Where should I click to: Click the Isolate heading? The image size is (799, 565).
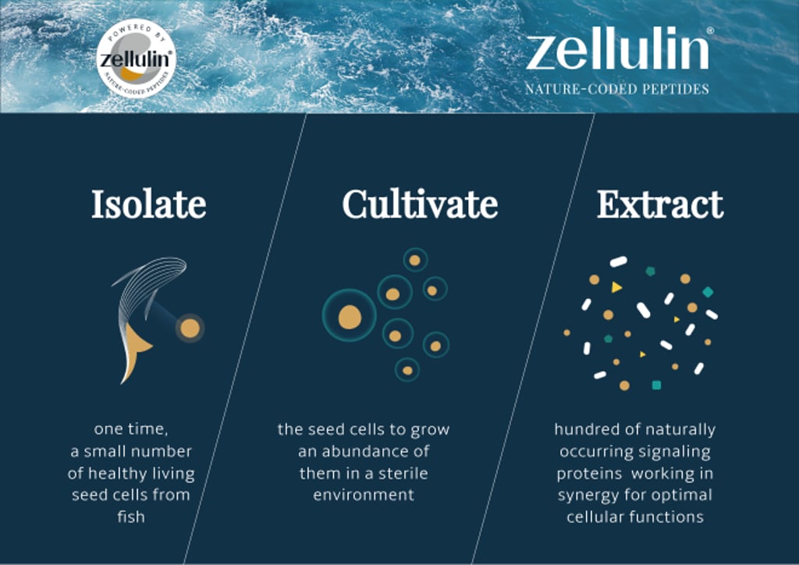(x=148, y=204)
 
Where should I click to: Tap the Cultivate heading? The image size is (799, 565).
(x=420, y=204)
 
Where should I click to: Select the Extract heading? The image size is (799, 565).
(x=660, y=204)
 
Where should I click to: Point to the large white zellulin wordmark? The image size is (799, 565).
(x=616, y=52)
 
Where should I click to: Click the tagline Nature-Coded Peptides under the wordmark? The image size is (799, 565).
(x=616, y=89)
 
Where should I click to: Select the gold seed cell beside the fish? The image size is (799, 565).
(x=190, y=328)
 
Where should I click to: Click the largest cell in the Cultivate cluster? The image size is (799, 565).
(x=350, y=316)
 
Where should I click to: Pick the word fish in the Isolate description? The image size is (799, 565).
(x=131, y=517)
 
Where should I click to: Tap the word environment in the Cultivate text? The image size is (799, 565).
(x=364, y=495)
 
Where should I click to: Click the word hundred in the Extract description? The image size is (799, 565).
(x=582, y=429)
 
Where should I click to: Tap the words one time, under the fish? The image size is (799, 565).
(x=131, y=429)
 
